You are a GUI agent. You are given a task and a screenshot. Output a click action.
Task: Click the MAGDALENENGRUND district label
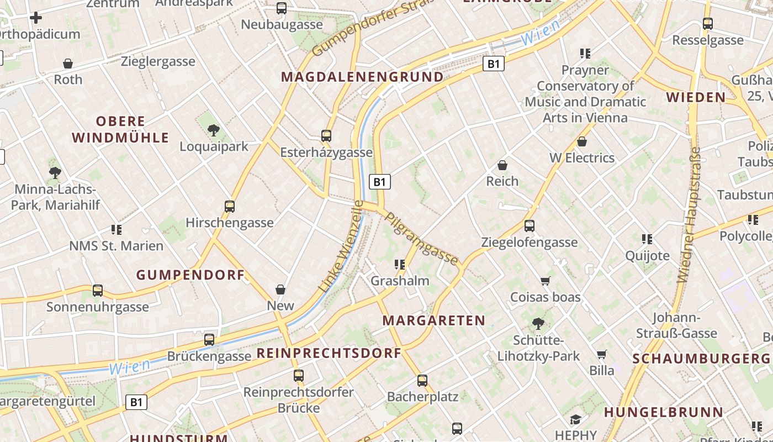[x=362, y=77]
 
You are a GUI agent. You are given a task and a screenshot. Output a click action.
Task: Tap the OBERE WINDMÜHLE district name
[x=120, y=129]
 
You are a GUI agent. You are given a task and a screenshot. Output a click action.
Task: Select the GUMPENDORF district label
[x=190, y=275]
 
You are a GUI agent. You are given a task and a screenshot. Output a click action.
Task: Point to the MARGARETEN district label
[x=433, y=320]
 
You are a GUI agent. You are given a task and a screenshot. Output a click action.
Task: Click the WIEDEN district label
[x=696, y=98]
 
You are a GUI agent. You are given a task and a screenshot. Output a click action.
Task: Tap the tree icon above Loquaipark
[x=214, y=131]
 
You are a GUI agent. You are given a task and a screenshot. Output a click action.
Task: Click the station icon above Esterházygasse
[x=326, y=136]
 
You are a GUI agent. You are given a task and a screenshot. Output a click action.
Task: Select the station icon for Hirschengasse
[x=230, y=207]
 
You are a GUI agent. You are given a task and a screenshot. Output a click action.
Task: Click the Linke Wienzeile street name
[x=341, y=246]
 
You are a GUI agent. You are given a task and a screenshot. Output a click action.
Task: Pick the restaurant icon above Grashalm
[x=400, y=265]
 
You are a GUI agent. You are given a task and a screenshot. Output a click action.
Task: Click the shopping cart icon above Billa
[x=601, y=354]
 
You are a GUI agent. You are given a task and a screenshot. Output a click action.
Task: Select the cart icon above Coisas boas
[x=545, y=281]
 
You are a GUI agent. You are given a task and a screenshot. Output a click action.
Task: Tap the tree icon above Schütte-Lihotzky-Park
[x=538, y=324]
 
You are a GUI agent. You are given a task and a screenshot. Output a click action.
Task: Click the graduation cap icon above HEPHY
[x=575, y=419]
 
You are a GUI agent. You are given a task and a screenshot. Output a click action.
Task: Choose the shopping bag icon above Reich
[x=502, y=165]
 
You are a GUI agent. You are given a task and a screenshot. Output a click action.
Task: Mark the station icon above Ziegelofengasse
[x=529, y=226]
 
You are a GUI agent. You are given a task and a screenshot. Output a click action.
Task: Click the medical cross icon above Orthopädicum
[x=36, y=18]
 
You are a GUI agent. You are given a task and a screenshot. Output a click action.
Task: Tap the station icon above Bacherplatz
[x=422, y=381]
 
